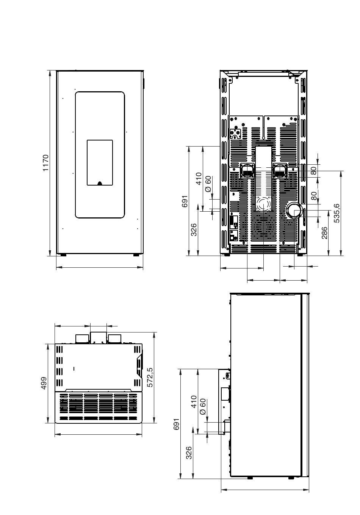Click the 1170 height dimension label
pyautogui.click(x=46, y=163)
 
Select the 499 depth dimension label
pyautogui.click(x=44, y=383)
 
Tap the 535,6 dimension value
pyautogui.click(x=337, y=213)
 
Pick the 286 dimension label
pyautogui.click(x=324, y=233)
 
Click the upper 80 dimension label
pyautogui.click(x=313, y=171)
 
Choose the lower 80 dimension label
pyautogui.click(x=313, y=196)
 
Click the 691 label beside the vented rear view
pyautogui.click(x=185, y=201)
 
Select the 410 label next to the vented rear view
pyautogui.click(x=199, y=178)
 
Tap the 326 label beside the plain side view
pyautogui.click(x=189, y=453)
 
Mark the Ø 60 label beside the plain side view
pyautogui.click(x=203, y=407)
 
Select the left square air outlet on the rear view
pyautogui.click(x=247, y=170)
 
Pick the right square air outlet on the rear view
pyautogui.click(x=280, y=170)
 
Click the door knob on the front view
pyautogui.click(x=100, y=183)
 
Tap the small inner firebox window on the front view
pyautogui.click(x=100, y=162)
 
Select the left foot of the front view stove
pyautogui.click(x=63, y=255)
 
